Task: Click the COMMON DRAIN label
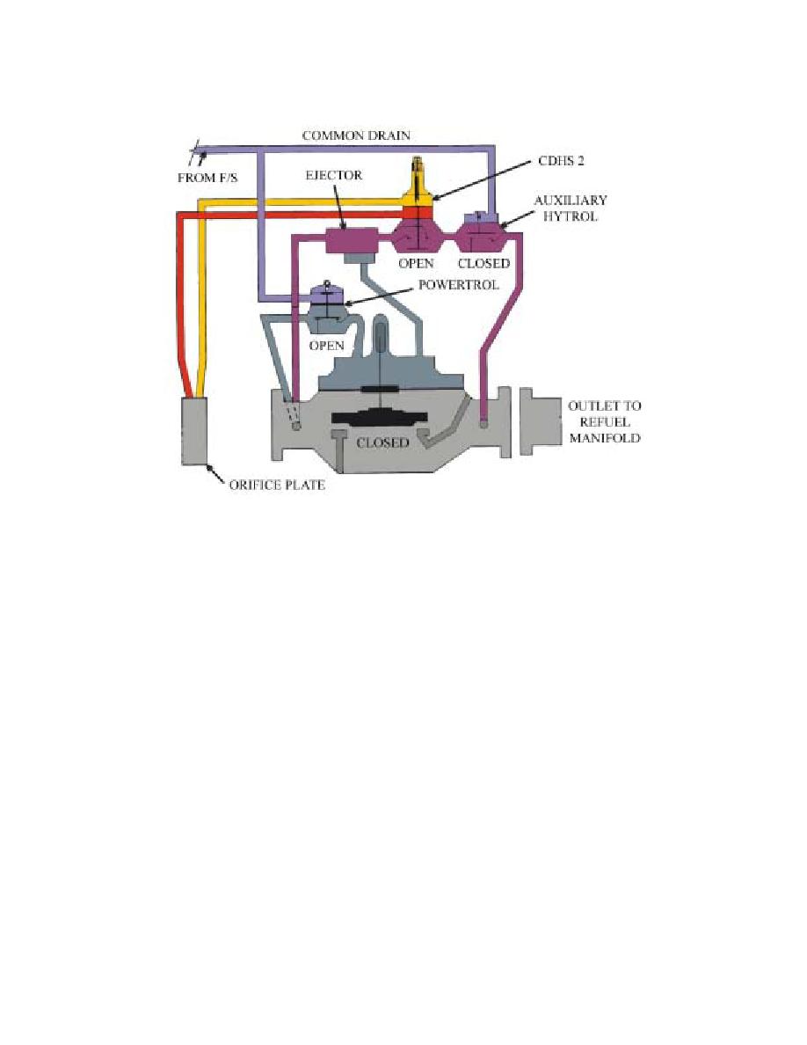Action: coord(356,135)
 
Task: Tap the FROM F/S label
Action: coord(207,178)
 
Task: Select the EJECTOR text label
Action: coord(333,175)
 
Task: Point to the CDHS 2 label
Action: coord(561,161)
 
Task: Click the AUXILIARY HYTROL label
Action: coord(571,208)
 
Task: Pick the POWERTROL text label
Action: coord(458,285)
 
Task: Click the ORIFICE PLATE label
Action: coord(277,485)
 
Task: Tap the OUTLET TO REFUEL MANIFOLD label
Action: coord(605,422)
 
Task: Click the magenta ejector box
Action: coord(353,240)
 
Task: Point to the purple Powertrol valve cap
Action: coord(326,295)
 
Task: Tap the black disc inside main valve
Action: coord(379,420)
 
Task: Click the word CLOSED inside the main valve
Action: coord(382,442)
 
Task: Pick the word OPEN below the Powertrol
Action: coord(326,345)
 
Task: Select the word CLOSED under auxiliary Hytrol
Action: coord(483,263)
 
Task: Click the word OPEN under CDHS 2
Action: coord(416,263)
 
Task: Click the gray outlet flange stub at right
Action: coord(540,422)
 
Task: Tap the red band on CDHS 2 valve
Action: coord(418,212)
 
